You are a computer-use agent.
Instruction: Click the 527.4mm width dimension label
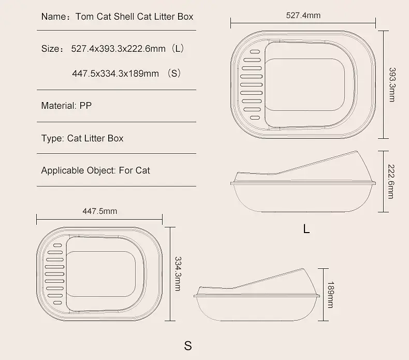tap(303, 16)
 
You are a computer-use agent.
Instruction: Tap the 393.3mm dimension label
tap(392, 84)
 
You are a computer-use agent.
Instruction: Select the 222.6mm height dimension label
tap(391, 181)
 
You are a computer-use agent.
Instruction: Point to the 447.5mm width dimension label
tap(99, 211)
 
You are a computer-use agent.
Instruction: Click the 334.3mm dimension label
tap(178, 273)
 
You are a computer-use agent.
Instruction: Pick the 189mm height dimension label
tap(331, 295)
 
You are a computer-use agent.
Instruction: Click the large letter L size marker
tap(306, 229)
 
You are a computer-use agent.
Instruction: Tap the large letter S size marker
tap(188, 345)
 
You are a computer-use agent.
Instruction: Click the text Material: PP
tap(66, 106)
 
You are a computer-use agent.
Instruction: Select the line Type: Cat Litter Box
tap(82, 138)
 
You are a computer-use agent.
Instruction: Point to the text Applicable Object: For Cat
tap(95, 170)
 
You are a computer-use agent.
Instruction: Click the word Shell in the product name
tap(124, 17)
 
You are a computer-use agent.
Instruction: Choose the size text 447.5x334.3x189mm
tap(115, 74)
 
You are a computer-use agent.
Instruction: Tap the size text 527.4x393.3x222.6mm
tap(118, 49)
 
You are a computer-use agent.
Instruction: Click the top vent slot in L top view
tap(255, 52)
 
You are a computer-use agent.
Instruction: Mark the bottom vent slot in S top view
tap(57, 303)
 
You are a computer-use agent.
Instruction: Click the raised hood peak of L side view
tap(357, 151)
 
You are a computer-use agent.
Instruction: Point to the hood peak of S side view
tap(303, 269)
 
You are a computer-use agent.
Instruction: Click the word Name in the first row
tap(54, 17)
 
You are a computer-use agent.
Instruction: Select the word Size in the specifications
tap(50, 49)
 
